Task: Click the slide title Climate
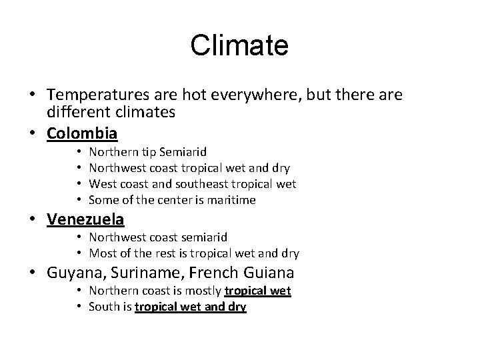point(239,46)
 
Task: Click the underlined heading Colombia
point(82,133)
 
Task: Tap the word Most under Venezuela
point(102,253)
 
